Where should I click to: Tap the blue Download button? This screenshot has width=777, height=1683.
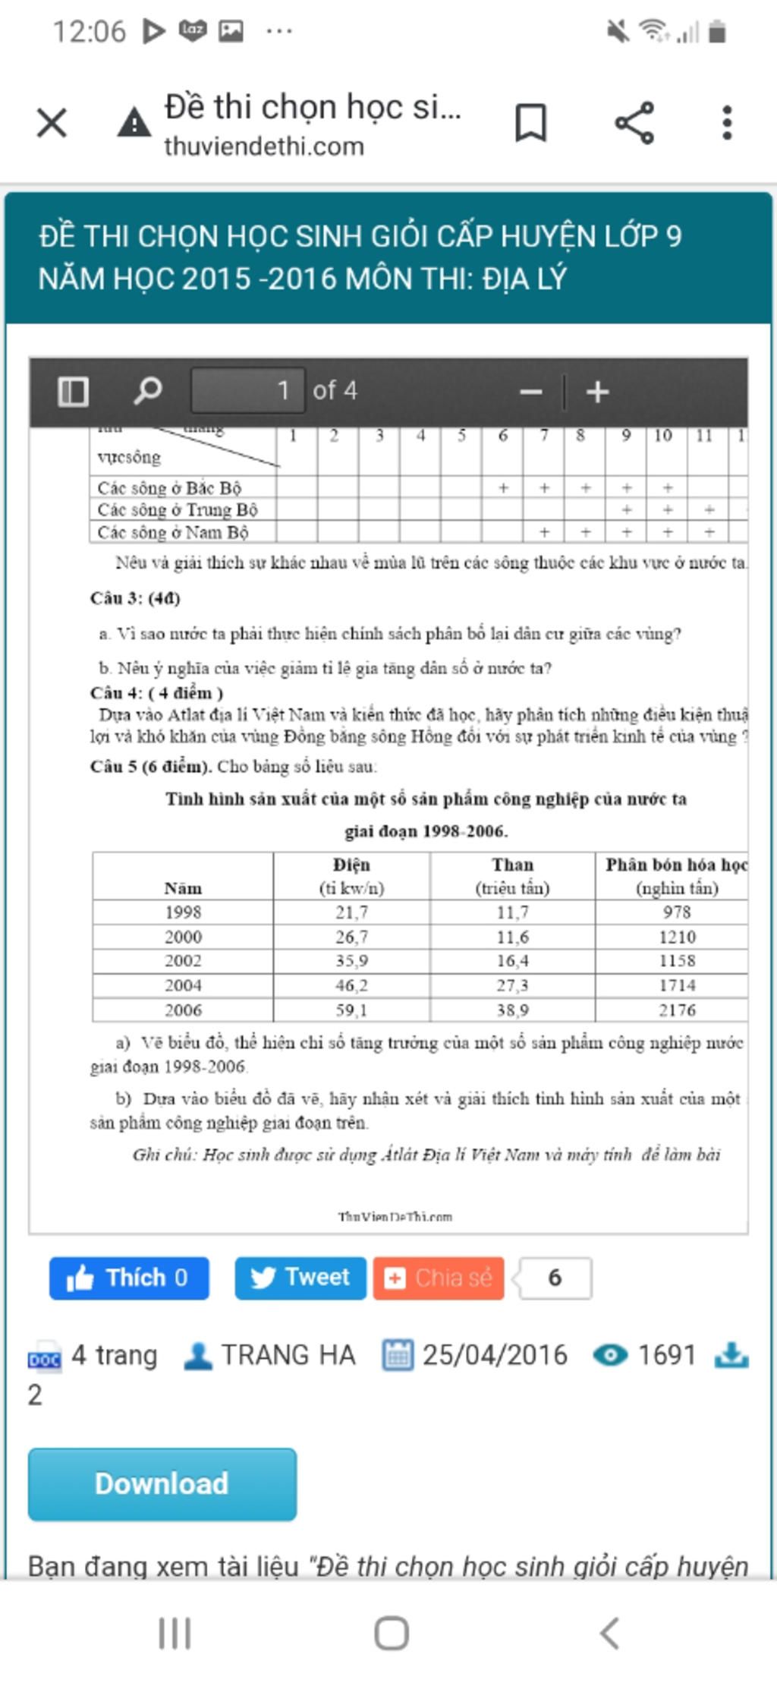[162, 1483]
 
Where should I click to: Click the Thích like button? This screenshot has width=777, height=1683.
[129, 1278]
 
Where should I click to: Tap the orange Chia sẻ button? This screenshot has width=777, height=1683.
[439, 1278]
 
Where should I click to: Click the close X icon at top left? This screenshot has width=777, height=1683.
[52, 122]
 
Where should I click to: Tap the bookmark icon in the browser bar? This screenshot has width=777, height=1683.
[530, 122]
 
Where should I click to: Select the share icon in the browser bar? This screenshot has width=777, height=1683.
[634, 122]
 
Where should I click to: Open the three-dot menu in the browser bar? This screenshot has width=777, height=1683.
[727, 122]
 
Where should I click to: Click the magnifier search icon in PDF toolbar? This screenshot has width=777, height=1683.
[147, 391]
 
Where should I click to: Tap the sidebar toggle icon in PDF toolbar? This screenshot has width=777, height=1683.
[74, 391]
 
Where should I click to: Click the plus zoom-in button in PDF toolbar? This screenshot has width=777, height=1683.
[598, 392]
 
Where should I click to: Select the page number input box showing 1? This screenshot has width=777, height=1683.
[248, 390]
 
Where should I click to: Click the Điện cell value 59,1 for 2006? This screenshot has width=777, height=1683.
[351, 1010]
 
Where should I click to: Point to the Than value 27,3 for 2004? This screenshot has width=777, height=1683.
[512, 985]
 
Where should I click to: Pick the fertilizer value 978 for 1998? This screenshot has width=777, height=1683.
[677, 912]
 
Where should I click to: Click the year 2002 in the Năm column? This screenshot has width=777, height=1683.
[183, 960]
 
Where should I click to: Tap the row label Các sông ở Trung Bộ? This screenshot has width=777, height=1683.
[178, 509]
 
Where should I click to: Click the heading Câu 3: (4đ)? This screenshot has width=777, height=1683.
[135, 598]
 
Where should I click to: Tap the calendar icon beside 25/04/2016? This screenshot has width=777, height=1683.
[398, 1355]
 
